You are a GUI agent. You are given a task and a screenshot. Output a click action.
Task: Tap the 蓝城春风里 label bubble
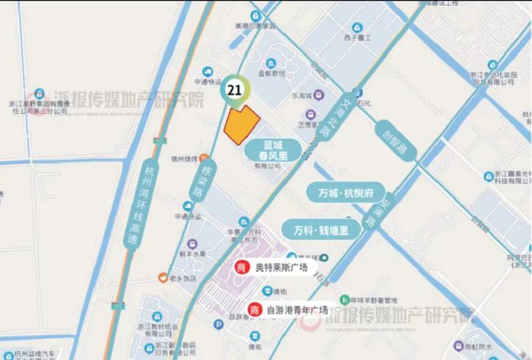pyautogui.click(x=272, y=149)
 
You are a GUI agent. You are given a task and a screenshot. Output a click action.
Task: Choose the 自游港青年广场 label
pyautogui.click(x=297, y=310)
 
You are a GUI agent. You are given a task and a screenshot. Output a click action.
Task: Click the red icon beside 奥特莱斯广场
pyautogui.click(x=242, y=268)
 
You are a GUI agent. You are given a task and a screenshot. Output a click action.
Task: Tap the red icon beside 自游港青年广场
pyautogui.click(x=254, y=310)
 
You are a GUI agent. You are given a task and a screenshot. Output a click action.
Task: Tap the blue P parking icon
pyautogui.click(x=325, y=257)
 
